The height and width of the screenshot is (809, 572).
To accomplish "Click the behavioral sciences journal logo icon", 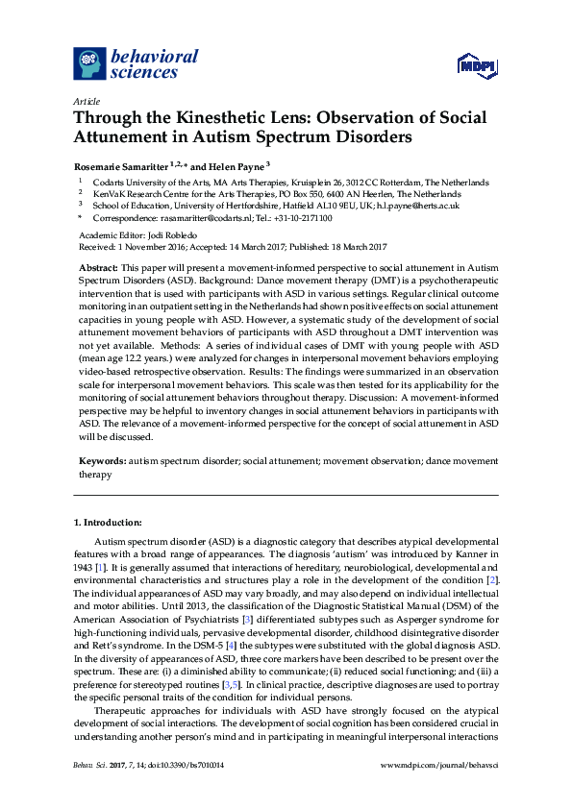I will click(90, 63).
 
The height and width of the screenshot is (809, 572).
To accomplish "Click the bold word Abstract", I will click(98, 266).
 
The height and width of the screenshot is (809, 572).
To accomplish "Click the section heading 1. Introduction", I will click(108, 522).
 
